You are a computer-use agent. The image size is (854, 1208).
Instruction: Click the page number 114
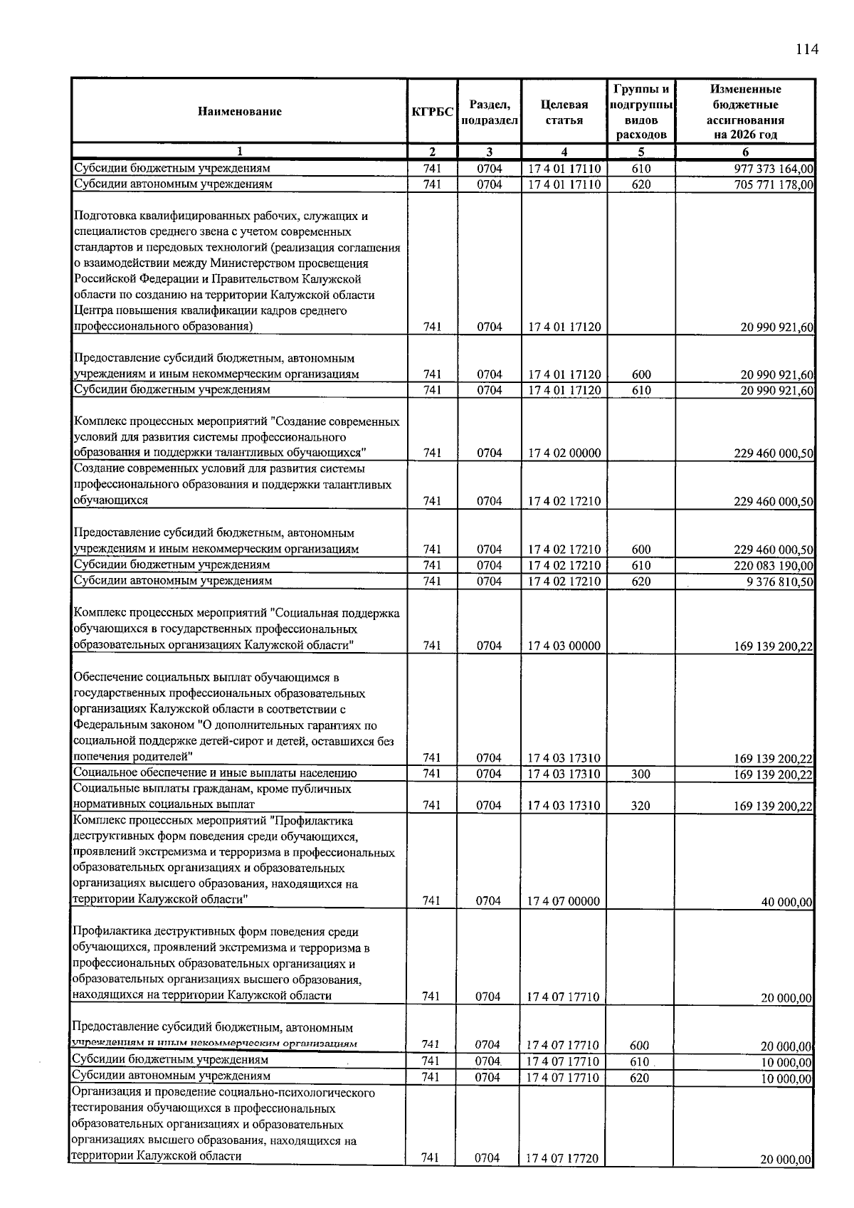tap(807, 49)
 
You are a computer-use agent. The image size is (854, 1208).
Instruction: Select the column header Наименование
tap(240, 111)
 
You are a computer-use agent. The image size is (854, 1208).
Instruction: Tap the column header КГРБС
tap(432, 112)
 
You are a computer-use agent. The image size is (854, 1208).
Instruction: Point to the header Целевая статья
tap(564, 112)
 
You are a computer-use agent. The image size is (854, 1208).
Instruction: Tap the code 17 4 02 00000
tap(564, 453)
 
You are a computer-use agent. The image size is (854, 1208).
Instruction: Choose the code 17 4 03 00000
tap(564, 646)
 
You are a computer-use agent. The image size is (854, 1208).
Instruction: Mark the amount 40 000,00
tap(786, 902)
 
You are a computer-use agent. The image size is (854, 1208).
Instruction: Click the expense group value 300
tap(640, 774)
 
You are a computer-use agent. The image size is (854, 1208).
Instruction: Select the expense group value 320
tap(640, 806)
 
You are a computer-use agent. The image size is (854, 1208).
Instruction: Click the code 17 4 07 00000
tap(563, 901)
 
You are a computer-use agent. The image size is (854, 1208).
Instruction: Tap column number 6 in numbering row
tap(745, 151)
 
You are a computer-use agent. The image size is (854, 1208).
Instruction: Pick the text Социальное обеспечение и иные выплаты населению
tap(215, 773)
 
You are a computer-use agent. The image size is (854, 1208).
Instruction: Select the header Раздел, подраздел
tap(489, 112)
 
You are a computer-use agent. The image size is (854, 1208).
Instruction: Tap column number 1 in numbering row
tap(239, 151)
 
